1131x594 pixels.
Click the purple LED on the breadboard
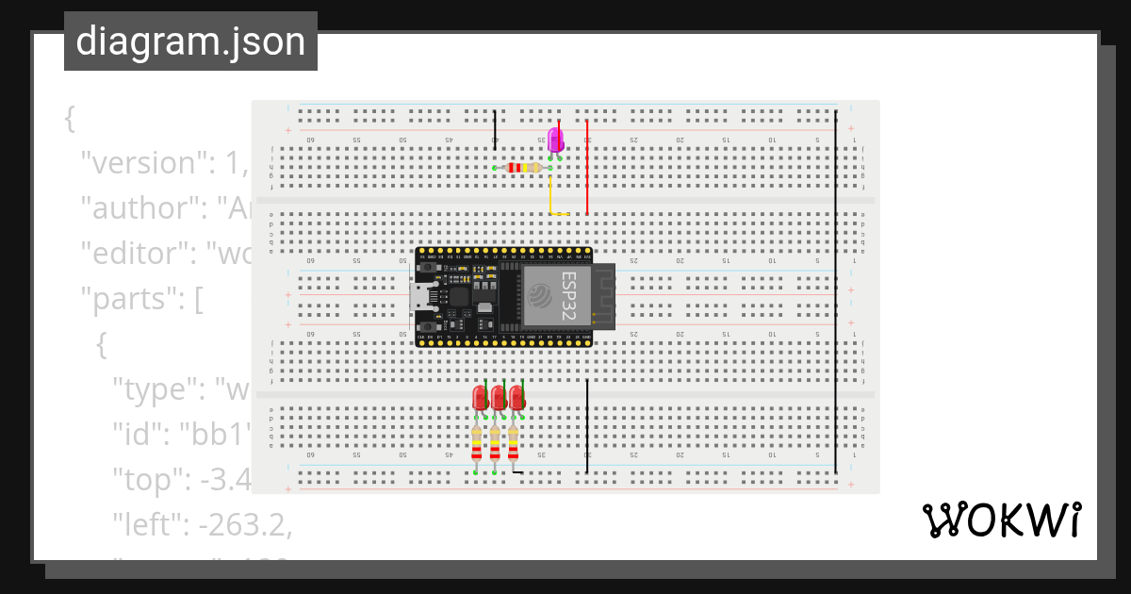(556, 141)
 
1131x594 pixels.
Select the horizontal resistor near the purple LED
(524, 168)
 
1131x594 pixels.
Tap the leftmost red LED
(480, 398)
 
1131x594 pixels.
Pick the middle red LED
(498, 398)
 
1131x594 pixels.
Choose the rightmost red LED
(516, 398)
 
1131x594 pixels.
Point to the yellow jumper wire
(551, 198)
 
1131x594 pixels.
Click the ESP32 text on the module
(569, 295)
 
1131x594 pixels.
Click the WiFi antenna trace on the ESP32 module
(601, 296)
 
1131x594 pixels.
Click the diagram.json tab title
(190, 41)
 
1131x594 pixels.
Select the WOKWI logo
(1000, 520)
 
